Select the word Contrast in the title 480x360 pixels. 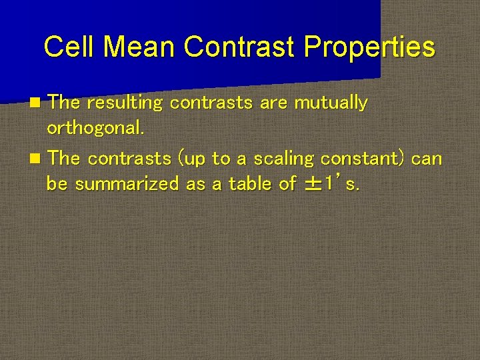239,47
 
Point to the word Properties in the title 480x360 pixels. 369,47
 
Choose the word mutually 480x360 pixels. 331,103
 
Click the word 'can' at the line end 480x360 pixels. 427,159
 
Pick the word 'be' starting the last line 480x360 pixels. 57,183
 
